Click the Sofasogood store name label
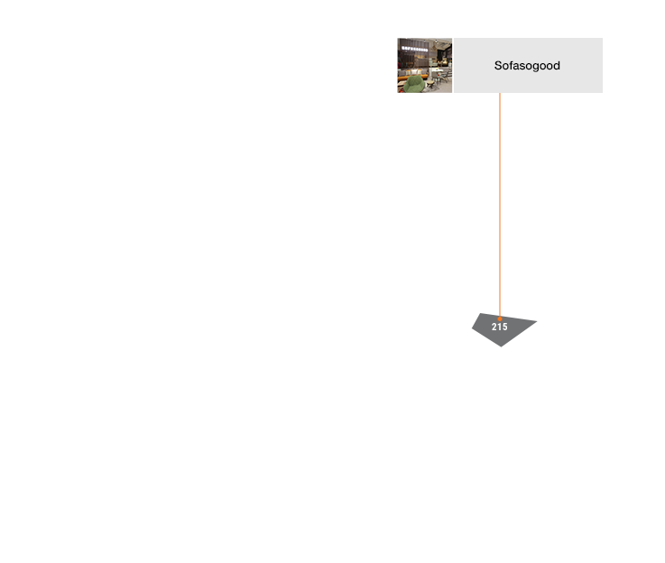527,66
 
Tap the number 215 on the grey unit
500,327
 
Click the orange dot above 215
500,318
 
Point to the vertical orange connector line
500,205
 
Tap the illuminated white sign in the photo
414,49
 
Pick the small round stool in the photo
430,84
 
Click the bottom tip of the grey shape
502,346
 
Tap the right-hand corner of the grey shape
537,321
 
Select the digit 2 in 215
494,327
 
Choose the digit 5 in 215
504,327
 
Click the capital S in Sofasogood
498,66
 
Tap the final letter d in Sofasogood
557,66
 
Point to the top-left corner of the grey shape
480,313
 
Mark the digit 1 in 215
500,327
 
